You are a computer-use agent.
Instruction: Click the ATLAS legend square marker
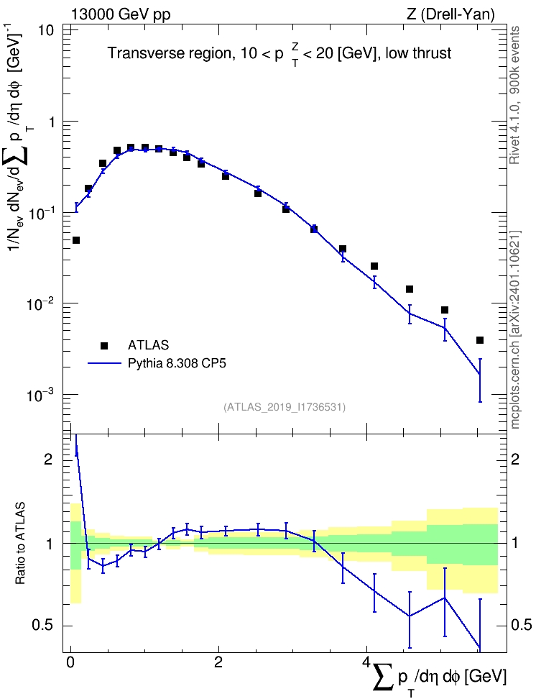click(104, 345)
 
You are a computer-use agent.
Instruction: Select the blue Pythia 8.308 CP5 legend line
click(104, 364)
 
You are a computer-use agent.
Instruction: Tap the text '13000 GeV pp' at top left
click(120, 14)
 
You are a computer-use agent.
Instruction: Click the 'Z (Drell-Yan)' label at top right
click(450, 14)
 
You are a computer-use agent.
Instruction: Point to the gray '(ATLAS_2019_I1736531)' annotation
click(284, 407)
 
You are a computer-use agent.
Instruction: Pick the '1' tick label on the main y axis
click(50, 122)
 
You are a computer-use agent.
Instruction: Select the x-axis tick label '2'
click(218, 662)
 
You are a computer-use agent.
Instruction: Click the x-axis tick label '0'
click(70, 662)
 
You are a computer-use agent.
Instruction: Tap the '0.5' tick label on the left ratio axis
click(43, 626)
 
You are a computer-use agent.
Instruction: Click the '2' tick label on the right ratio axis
click(515, 459)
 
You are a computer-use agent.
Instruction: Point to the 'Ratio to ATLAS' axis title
click(20, 544)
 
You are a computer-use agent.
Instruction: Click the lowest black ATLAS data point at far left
click(75, 240)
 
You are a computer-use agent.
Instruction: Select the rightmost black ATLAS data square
click(480, 340)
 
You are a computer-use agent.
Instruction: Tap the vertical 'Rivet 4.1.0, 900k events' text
click(514, 95)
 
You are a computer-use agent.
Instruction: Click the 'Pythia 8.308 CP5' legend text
click(177, 364)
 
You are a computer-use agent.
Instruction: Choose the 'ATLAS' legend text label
click(148, 345)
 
